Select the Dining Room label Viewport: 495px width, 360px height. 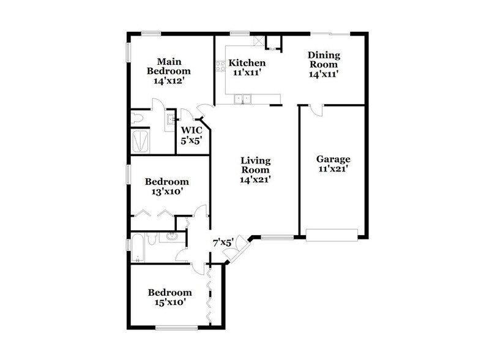[x=323, y=60]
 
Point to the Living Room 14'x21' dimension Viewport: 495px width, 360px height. [x=255, y=179]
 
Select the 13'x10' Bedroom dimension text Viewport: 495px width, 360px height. [x=166, y=192]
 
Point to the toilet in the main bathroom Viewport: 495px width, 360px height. [x=138, y=118]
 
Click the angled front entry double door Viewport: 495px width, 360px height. [x=242, y=248]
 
